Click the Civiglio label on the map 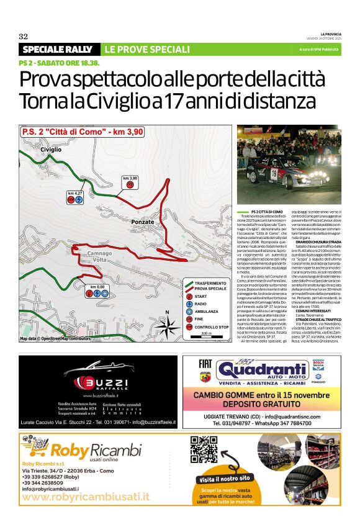coord(52,150)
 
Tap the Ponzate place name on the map coord(143,222)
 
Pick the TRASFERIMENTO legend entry coord(210,283)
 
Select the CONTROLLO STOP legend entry coord(212,327)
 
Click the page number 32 coord(24,35)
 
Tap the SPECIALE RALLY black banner coord(58,50)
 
